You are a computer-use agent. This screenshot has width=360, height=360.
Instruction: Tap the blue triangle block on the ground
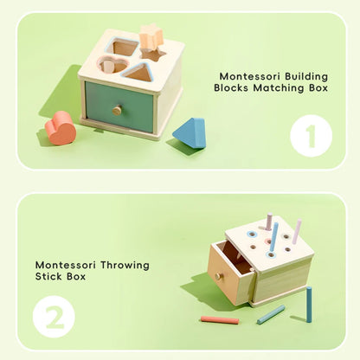(190, 133)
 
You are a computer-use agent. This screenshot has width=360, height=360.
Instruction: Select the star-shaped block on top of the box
(151, 37)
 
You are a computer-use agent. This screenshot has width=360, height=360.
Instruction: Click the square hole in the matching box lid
(125, 48)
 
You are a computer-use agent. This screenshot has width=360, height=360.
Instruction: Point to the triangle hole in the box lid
(138, 72)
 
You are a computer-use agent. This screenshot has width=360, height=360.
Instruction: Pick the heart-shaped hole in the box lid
(108, 65)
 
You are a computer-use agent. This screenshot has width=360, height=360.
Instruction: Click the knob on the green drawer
(117, 110)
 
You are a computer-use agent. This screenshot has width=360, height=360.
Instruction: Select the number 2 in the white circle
(55, 317)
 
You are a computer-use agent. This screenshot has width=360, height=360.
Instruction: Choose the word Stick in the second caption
(50, 278)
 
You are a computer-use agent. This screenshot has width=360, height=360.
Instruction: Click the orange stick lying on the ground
(219, 320)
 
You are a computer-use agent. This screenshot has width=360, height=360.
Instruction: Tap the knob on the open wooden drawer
(219, 276)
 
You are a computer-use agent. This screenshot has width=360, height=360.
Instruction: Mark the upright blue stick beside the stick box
(308, 304)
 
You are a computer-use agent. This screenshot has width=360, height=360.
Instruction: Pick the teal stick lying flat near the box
(270, 314)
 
